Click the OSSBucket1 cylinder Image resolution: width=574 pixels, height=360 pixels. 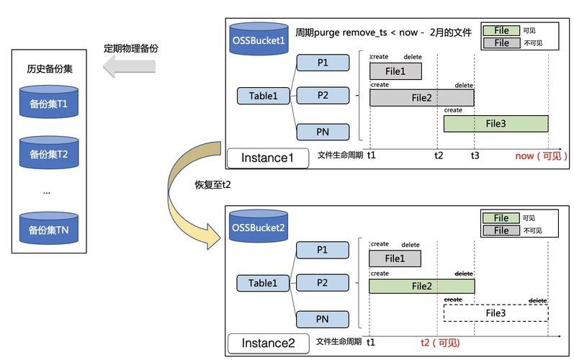(x=259, y=39)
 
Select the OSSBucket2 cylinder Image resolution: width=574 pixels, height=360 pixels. (x=259, y=226)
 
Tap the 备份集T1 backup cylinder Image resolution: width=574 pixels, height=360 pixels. (x=49, y=102)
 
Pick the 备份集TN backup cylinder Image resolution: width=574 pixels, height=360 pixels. (x=49, y=228)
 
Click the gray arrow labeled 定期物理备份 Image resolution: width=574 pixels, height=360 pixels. (x=129, y=66)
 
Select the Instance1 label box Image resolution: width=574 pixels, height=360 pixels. (x=268, y=158)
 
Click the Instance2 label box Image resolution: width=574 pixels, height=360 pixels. (x=269, y=343)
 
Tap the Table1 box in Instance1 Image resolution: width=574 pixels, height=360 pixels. (x=263, y=96)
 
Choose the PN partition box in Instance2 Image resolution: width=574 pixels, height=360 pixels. (x=322, y=320)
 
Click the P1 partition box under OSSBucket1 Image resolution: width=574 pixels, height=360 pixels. (x=323, y=63)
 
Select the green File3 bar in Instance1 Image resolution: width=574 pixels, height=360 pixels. (x=496, y=124)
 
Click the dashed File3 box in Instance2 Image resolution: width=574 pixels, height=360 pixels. (x=496, y=313)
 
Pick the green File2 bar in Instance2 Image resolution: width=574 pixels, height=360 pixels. (x=422, y=286)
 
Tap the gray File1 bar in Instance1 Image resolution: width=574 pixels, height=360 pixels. (x=395, y=71)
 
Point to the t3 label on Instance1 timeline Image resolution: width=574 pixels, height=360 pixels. (x=475, y=156)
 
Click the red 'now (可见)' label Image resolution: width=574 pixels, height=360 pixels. (x=542, y=156)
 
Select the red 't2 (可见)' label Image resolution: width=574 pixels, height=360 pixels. (x=440, y=343)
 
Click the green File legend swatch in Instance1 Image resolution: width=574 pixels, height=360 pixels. (x=501, y=30)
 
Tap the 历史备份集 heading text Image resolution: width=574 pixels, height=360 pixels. (x=50, y=69)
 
